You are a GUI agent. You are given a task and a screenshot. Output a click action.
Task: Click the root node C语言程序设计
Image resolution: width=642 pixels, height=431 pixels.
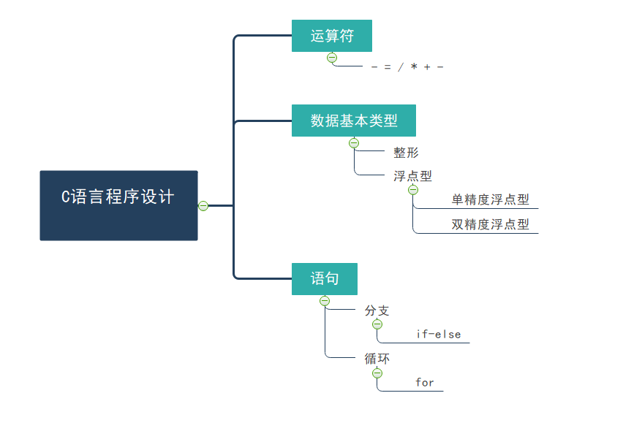pyautogui.click(x=118, y=205)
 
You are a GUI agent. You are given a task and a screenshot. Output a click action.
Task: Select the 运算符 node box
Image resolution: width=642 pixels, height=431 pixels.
pyautogui.click(x=331, y=36)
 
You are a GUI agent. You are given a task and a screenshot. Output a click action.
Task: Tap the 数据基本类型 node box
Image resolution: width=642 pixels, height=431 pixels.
pyautogui.click(x=353, y=121)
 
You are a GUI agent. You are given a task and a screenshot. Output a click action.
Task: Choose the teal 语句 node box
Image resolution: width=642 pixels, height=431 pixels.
pyautogui.click(x=324, y=279)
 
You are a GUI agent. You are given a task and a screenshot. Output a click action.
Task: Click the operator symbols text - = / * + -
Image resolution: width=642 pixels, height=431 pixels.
pyautogui.click(x=407, y=67)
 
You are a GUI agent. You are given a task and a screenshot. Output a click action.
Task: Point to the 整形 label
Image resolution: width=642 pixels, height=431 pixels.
pyautogui.click(x=406, y=153)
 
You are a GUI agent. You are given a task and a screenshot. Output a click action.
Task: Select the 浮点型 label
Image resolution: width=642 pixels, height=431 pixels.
pyautogui.click(x=412, y=175)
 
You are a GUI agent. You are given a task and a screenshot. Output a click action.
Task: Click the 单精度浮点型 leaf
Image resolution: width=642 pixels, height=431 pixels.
pyautogui.click(x=490, y=200)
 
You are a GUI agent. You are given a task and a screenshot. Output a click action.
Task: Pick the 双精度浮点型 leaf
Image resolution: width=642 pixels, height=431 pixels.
pyautogui.click(x=490, y=224)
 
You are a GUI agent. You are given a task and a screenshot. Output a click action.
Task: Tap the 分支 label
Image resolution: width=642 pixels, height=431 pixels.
pyautogui.click(x=377, y=310)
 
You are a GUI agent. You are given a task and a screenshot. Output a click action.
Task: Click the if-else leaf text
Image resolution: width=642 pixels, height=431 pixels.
pyautogui.click(x=439, y=334)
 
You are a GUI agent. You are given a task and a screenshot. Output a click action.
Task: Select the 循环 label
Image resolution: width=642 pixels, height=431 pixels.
pyautogui.click(x=377, y=359)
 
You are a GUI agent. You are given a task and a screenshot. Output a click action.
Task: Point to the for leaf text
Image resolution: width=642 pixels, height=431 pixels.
pyautogui.click(x=425, y=382)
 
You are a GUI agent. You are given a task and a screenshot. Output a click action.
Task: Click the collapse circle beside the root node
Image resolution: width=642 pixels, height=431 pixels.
pyautogui.click(x=203, y=206)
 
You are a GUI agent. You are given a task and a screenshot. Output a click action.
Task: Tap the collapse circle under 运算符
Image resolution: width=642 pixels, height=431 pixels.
pyautogui.click(x=332, y=57)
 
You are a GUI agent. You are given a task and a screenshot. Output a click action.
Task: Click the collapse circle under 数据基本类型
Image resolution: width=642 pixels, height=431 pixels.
pyautogui.click(x=354, y=143)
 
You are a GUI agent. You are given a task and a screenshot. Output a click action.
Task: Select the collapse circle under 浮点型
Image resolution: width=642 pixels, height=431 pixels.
pyautogui.click(x=413, y=190)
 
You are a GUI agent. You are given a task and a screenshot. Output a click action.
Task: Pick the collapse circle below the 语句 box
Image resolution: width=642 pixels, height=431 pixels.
pyautogui.click(x=325, y=300)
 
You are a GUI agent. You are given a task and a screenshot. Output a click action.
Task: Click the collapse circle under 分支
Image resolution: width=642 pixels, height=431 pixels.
pyautogui.click(x=377, y=324)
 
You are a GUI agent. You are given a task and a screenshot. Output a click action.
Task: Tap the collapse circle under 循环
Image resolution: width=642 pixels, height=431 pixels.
pyautogui.click(x=377, y=373)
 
